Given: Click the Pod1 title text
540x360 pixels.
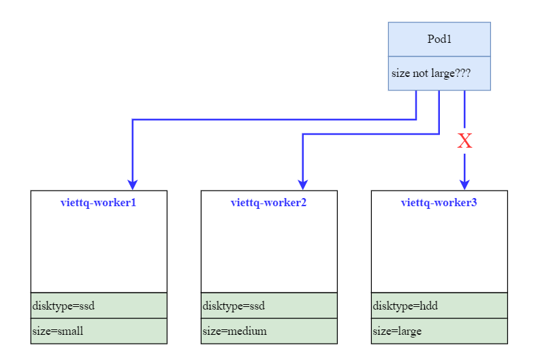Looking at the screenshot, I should point(439,39).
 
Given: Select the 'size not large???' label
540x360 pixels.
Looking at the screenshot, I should point(430,73).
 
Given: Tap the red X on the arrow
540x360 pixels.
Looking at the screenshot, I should point(464,142).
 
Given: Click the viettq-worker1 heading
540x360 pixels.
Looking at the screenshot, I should point(99,202).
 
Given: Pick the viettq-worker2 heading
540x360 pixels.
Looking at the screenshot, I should point(269,202).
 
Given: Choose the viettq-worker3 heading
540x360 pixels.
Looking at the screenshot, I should point(439,202).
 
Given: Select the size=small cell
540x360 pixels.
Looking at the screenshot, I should point(58,331).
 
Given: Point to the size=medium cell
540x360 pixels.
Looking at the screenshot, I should point(234,331).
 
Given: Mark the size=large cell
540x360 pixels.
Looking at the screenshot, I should point(397,331).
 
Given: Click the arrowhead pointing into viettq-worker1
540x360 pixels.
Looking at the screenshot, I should point(133,184).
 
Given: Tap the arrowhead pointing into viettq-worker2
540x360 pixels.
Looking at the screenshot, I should point(303,184).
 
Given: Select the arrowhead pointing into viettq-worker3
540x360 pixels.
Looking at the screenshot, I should point(464,184).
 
